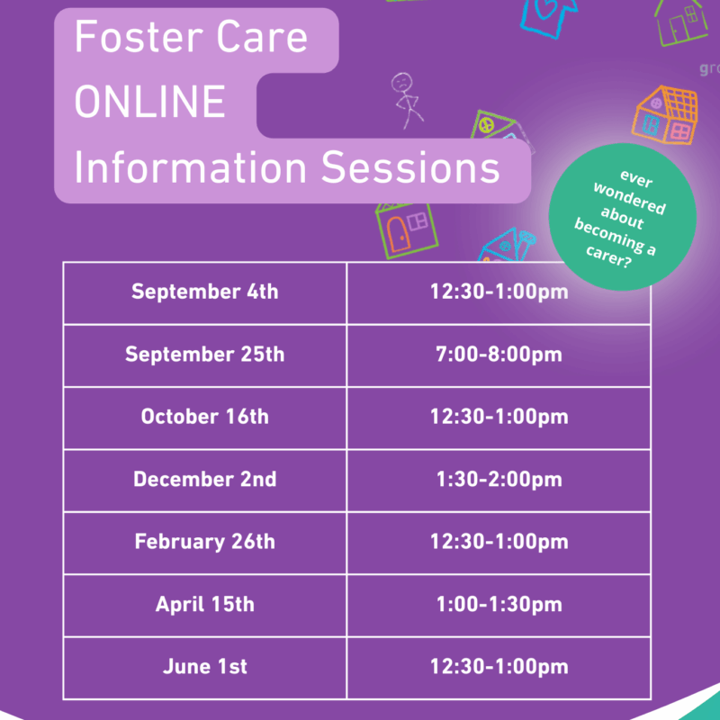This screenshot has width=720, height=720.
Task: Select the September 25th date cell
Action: [205, 355]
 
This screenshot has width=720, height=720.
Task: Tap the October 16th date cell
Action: [205, 418]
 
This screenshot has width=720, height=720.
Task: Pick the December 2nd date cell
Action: [205, 480]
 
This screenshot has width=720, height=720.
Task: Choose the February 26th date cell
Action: [205, 543]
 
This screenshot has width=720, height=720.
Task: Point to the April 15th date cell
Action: [205, 605]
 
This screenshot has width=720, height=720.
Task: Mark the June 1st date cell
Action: [205, 667]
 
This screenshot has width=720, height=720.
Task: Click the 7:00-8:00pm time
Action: [499, 355]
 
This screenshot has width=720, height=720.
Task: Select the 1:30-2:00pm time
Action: [499, 480]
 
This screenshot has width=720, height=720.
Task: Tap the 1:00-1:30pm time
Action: [499, 605]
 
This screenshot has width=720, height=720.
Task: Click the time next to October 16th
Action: [499, 418]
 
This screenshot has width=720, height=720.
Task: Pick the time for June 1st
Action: [499, 667]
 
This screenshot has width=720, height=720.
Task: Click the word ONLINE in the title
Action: [149, 102]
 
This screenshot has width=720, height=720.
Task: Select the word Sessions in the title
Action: [410, 167]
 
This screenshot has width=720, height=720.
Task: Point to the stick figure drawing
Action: [407, 101]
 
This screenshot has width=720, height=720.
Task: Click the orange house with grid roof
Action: [665, 115]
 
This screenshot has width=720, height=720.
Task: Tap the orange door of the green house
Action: [398, 234]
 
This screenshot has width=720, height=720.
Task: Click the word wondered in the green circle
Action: [629, 199]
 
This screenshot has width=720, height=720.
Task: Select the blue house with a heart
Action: [547, 16]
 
